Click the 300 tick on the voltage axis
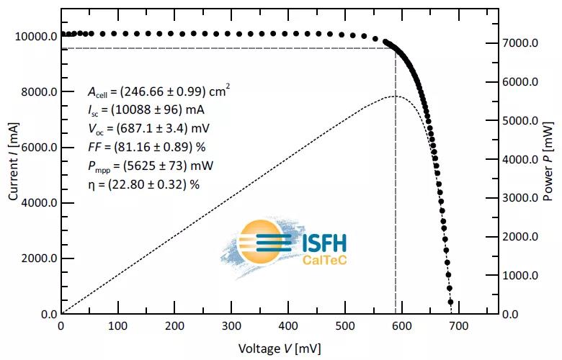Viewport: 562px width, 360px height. coord(231,326)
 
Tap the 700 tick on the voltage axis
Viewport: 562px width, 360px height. coord(458,326)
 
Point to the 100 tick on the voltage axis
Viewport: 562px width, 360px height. coord(117,326)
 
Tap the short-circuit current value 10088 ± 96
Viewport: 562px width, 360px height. coord(155,110)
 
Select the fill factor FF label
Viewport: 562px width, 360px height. coord(93,147)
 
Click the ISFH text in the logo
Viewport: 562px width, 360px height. coord(321,243)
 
